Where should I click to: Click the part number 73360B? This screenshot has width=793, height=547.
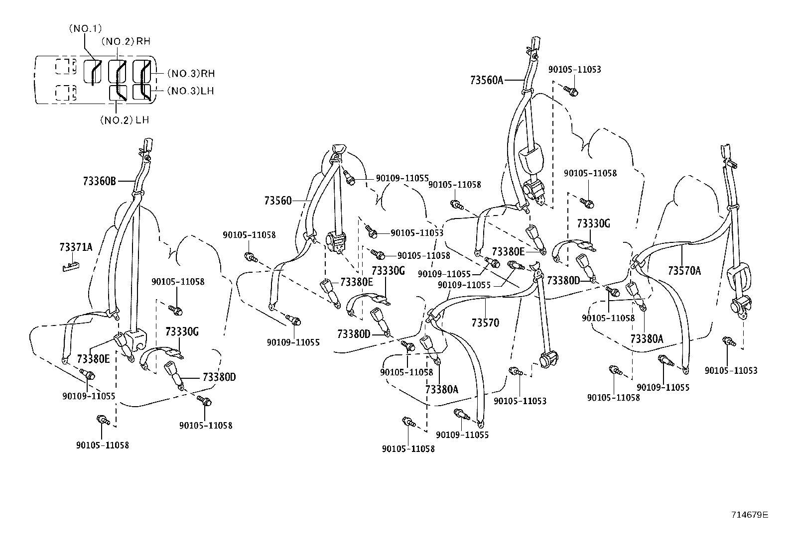(99, 181)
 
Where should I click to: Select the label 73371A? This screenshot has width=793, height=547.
(76, 247)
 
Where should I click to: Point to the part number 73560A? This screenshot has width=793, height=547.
(486, 80)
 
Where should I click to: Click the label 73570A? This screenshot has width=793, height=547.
(684, 271)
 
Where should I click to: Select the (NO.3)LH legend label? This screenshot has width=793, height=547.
(190, 91)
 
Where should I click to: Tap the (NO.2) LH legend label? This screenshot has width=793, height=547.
(124, 120)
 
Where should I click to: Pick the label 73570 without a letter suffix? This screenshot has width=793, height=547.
(485, 323)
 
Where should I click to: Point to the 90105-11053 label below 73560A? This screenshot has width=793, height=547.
(574, 69)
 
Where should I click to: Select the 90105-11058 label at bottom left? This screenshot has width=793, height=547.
(102, 445)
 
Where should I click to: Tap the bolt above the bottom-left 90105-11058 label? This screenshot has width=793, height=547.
(103, 420)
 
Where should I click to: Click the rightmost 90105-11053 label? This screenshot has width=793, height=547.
(730, 370)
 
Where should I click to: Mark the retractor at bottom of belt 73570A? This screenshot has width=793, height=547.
(740, 308)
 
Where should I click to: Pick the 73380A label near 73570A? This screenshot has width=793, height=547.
(647, 339)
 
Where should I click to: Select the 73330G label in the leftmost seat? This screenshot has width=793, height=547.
(182, 332)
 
